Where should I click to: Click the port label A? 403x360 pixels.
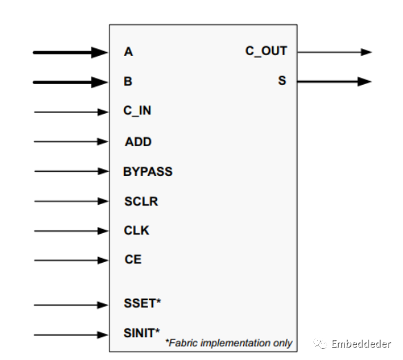tap(129, 52)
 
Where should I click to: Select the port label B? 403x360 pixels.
tap(129, 81)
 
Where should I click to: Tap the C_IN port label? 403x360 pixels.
tap(138, 111)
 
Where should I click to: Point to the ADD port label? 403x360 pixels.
tap(138, 141)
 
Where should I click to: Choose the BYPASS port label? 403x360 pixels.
tap(148, 171)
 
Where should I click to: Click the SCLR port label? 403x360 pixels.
tap(141, 201)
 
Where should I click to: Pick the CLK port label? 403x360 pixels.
tap(137, 231)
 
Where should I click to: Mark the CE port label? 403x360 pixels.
tap(133, 260)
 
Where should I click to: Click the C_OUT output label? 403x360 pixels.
tap(266, 51)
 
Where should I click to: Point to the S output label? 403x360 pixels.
tap(282, 81)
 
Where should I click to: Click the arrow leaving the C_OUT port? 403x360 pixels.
tap(334, 52)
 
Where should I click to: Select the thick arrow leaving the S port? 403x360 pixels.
tap(334, 81)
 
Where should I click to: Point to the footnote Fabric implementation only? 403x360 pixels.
tap(229, 343)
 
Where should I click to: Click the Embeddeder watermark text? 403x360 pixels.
tap(360, 343)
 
